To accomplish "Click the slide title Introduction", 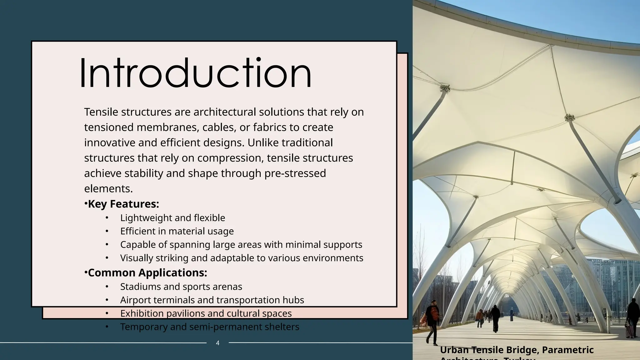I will pos(196,74).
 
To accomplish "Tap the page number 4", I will pos(218,343).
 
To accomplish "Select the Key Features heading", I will pos(123,204).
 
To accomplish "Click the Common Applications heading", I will pos(147,273).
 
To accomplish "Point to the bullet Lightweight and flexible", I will pos(172,218).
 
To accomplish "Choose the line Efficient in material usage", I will pos(177,231).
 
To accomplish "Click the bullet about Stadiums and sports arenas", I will pos(181,287).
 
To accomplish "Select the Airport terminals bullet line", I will pos(212,300).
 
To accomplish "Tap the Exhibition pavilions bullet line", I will pos(206,313).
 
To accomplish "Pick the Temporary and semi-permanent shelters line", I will pos(210,327).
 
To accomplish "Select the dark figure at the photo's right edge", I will pos(633,316).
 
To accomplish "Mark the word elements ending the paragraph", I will pos(108,189).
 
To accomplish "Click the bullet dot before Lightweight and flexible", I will pos(107,218).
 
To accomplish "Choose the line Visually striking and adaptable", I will pos(242,258).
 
